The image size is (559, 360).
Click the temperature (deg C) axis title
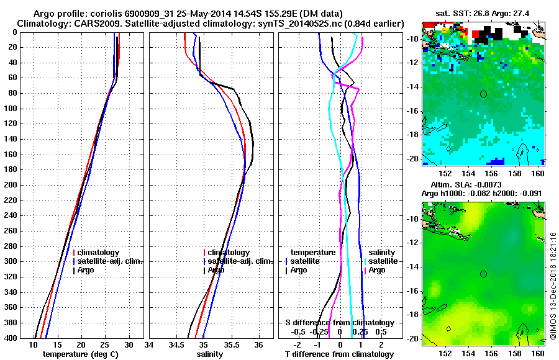point(80,354)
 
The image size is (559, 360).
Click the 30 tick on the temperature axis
point(129,344)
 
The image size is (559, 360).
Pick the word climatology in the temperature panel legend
point(99,253)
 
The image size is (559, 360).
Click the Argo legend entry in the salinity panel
point(216,270)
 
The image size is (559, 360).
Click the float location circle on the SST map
point(484,94)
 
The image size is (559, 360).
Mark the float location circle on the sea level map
point(484,274)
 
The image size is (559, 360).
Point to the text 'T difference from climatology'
point(339,354)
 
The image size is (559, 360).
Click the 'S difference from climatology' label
point(339,323)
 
